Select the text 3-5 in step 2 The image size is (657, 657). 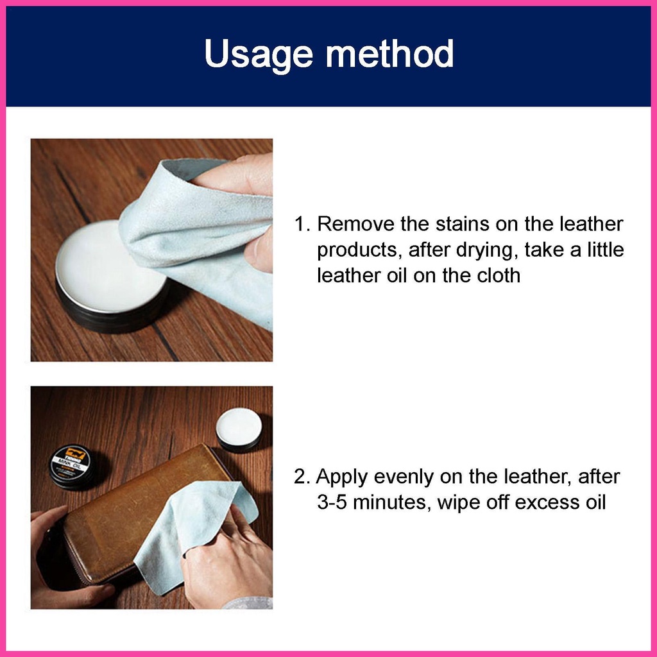(x=332, y=502)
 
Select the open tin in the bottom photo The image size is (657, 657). (x=239, y=429)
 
